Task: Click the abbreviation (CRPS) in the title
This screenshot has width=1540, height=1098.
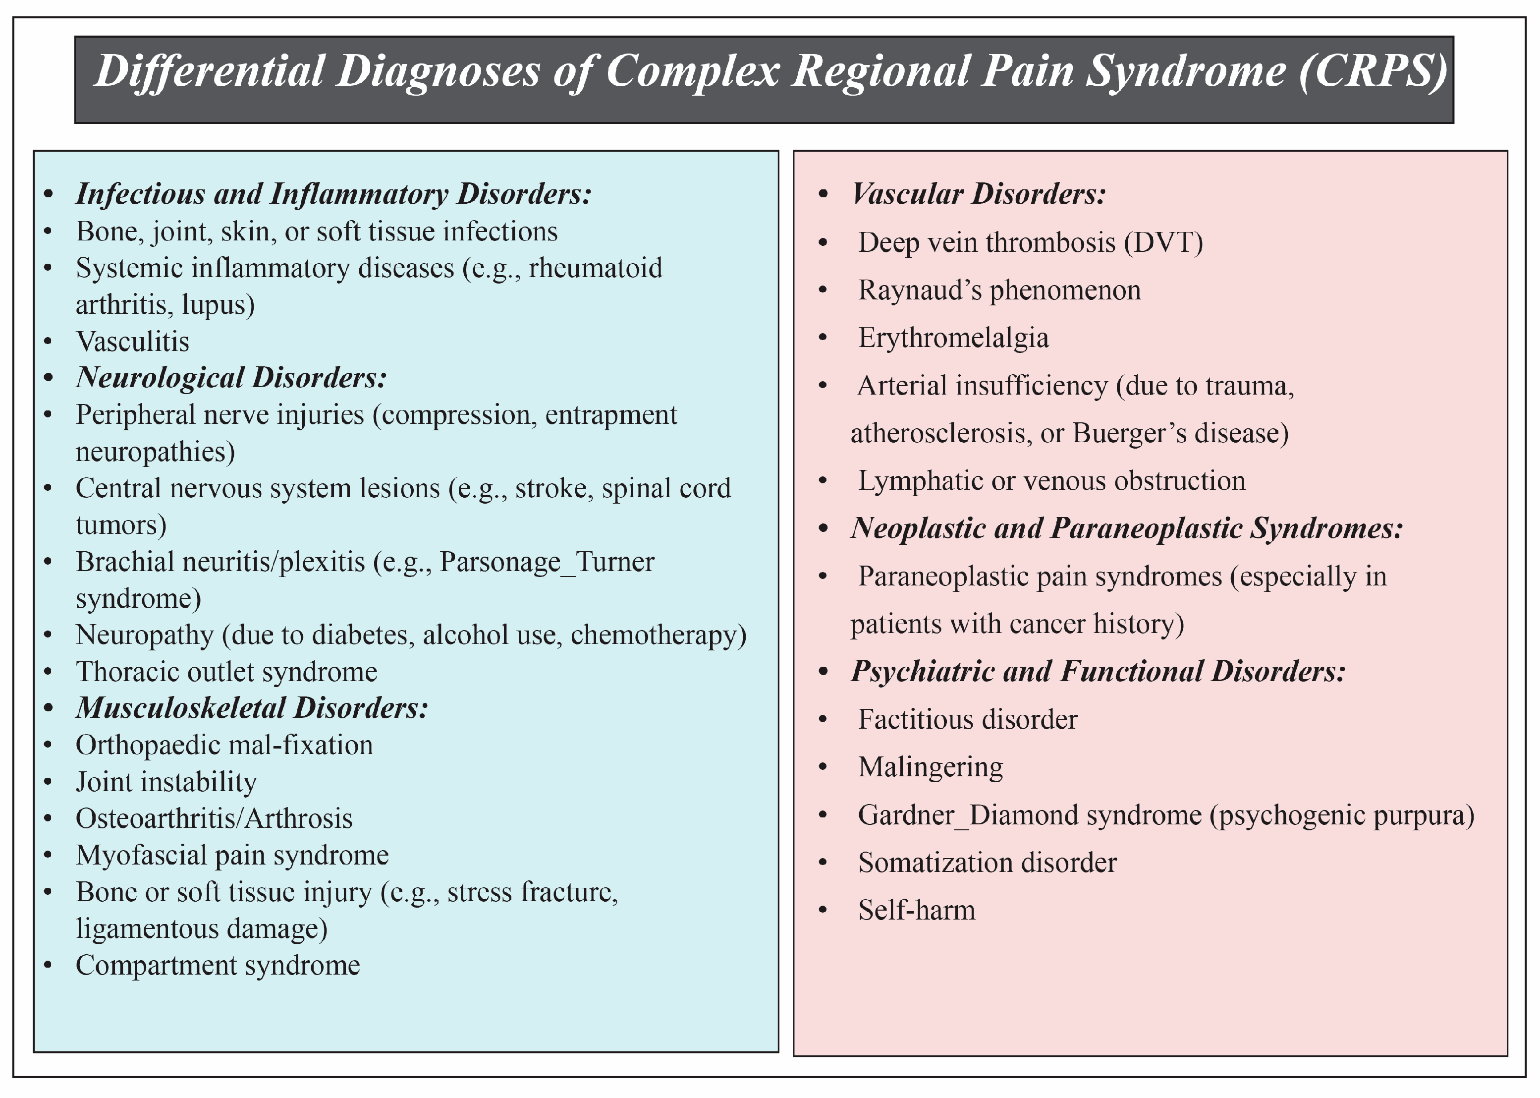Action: pos(1372,71)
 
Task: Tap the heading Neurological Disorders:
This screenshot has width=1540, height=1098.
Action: pos(231,377)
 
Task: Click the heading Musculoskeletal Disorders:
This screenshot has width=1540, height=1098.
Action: pos(251,708)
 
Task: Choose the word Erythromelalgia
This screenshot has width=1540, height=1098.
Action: pos(953,338)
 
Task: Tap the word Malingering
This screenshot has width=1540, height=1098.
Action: pos(930,767)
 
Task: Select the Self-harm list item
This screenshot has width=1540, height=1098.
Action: pos(916,910)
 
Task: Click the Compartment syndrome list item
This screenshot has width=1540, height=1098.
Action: pos(218,965)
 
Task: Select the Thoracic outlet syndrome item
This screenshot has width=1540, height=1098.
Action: pos(226,671)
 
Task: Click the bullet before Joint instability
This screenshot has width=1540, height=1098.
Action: pos(47,782)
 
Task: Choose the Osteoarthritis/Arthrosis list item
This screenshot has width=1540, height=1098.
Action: pos(214,818)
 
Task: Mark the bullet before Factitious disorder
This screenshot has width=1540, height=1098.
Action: pos(823,719)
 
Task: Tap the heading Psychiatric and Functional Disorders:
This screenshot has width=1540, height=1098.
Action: pos(1098,671)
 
